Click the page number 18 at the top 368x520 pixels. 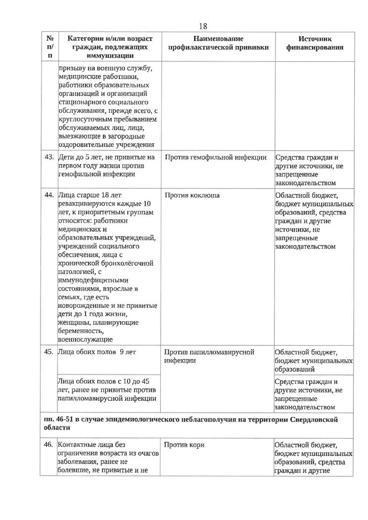tap(202, 26)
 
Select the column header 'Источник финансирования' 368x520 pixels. tap(315, 43)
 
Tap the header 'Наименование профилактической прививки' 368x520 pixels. tap(219, 43)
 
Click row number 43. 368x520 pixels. tap(49, 157)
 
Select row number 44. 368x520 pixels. tap(49, 195)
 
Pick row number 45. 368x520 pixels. tap(49, 352)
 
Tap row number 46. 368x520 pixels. tap(49, 445)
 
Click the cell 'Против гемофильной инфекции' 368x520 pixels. tap(215, 157)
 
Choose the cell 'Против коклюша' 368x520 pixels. tap(192, 195)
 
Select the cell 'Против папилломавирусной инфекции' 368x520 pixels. tap(209, 356)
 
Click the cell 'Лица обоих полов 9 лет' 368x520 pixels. tap(97, 352)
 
